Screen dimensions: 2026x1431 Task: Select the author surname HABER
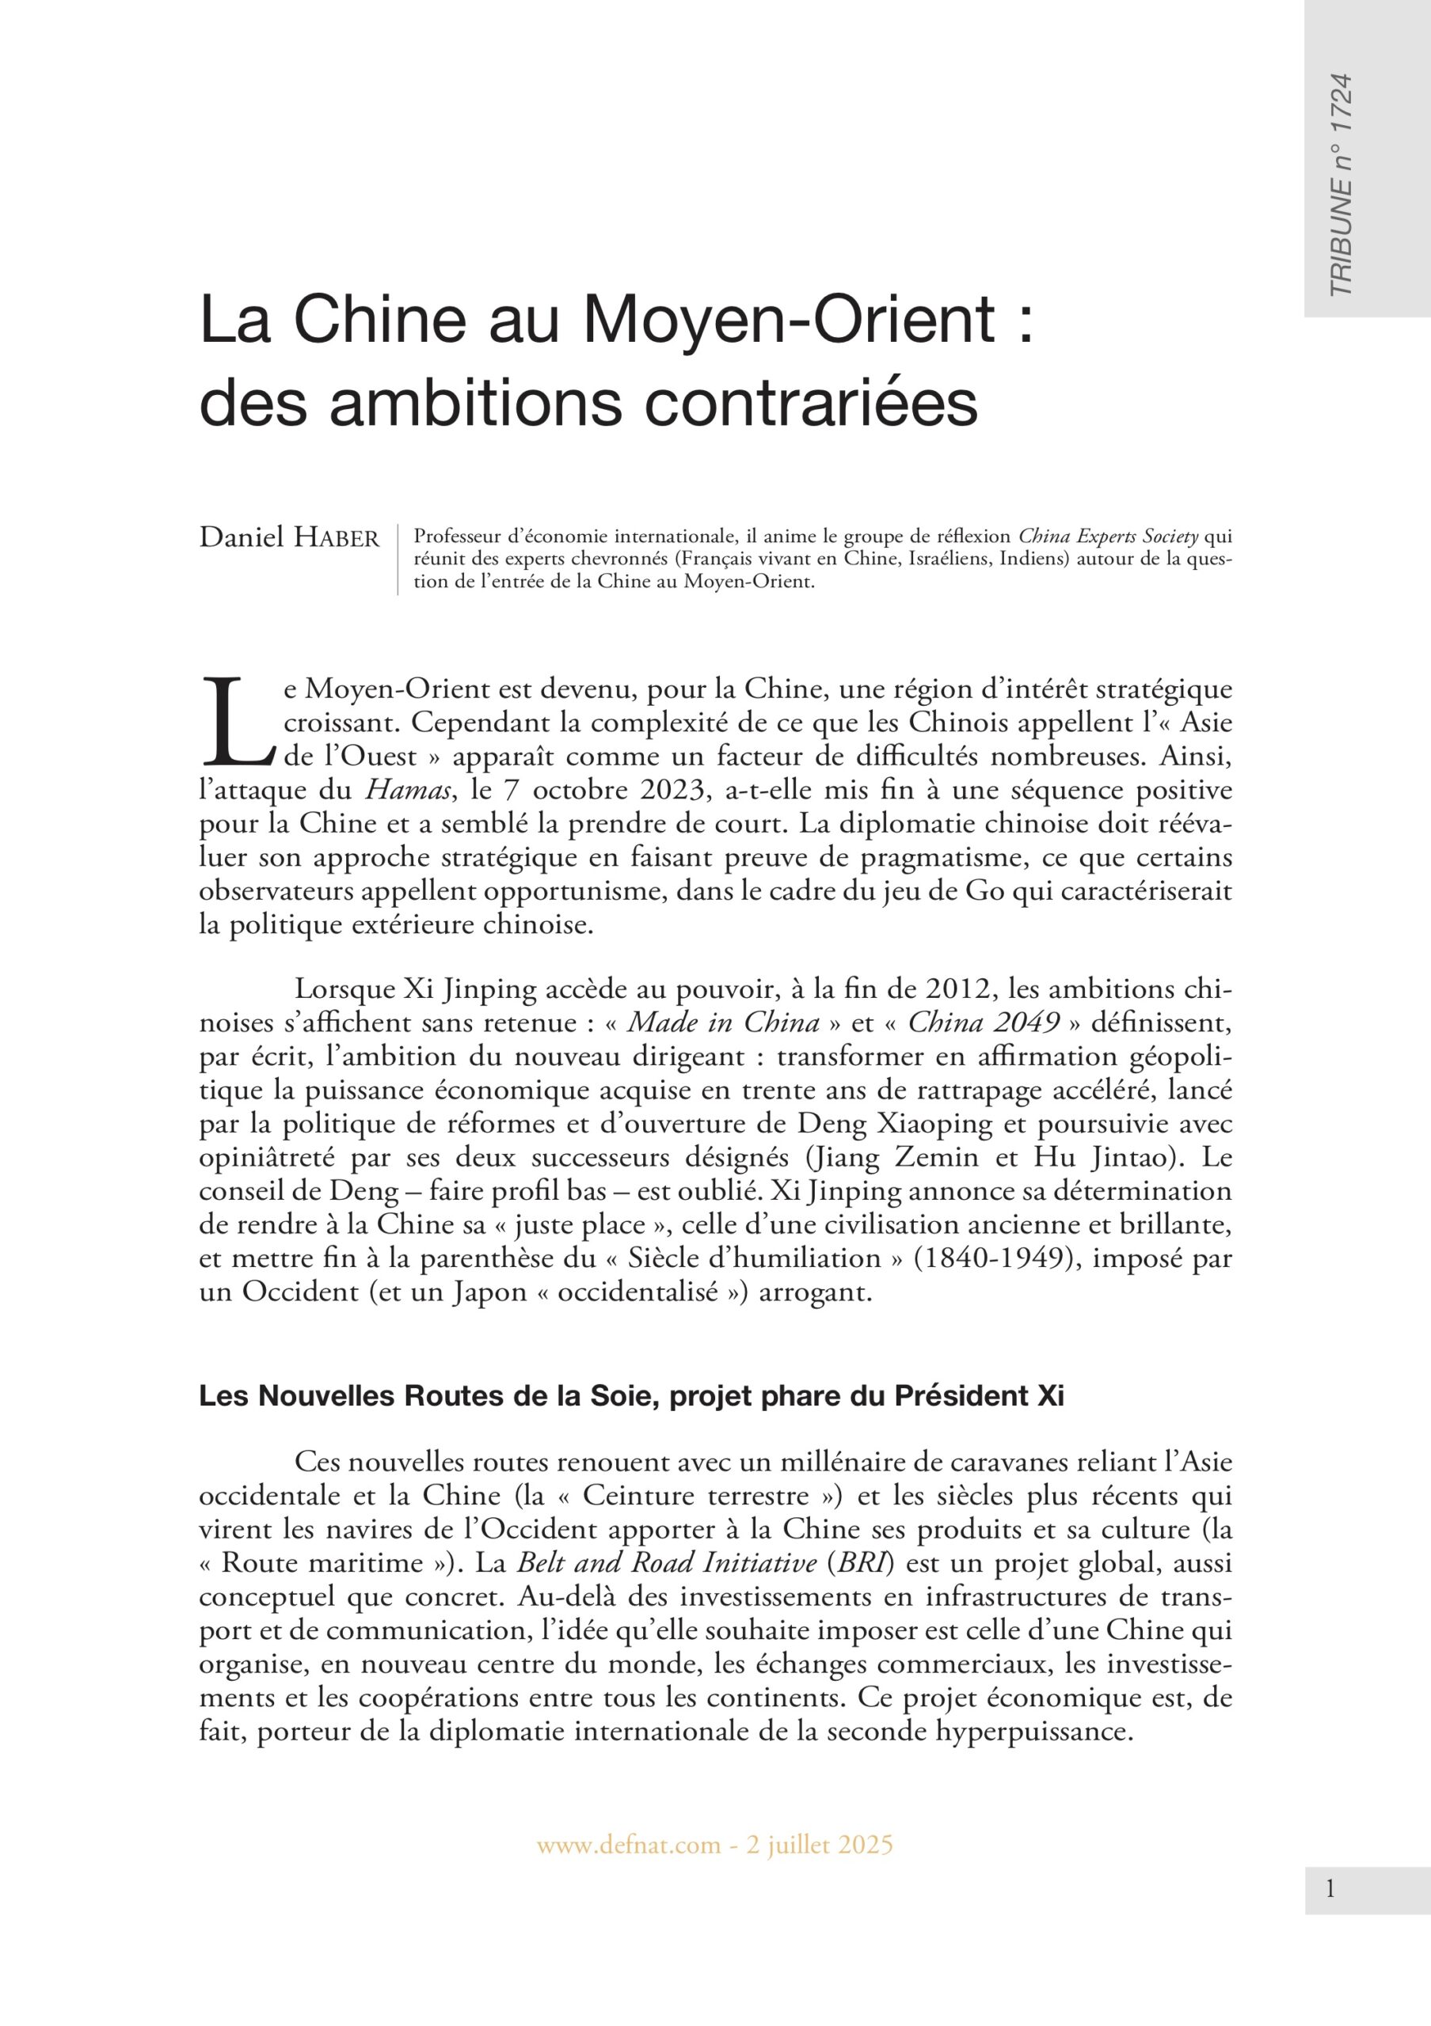pyautogui.click(x=337, y=537)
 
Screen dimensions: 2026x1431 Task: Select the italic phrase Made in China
pyautogui.click(x=723, y=1023)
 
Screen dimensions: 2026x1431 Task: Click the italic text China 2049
pyautogui.click(x=984, y=1023)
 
